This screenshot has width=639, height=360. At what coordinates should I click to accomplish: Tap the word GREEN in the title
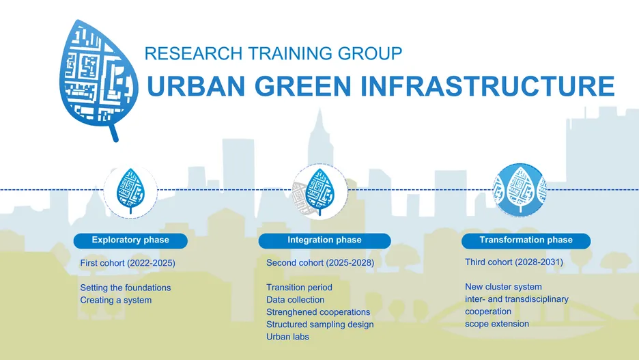(303, 86)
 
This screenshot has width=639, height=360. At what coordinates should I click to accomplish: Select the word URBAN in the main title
(196, 86)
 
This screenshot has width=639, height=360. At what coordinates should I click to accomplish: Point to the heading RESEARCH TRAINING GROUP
(274, 53)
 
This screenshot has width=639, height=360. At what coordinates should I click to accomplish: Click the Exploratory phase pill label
(130, 240)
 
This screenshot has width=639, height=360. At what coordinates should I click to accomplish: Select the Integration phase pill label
(324, 240)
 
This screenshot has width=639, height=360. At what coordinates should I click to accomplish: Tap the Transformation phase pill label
(526, 240)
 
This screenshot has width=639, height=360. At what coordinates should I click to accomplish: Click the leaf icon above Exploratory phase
(130, 191)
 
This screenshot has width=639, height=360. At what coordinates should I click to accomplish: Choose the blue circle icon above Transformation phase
(519, 190)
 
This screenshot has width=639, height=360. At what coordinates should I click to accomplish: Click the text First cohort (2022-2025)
(128, 264)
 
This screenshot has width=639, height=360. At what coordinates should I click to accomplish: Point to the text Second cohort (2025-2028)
(320, 263)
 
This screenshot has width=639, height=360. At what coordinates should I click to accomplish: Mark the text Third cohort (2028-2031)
(514, 262)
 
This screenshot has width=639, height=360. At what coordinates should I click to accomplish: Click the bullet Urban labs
(287, 337)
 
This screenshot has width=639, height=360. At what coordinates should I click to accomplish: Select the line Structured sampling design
(320, 324)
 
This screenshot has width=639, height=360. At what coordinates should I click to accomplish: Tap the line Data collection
(295, 300)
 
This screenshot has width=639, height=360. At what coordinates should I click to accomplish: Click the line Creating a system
(116, 300)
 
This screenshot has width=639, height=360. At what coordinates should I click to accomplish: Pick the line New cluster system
(503, 287)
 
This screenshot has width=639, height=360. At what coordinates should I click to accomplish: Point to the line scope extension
(497, 324)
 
